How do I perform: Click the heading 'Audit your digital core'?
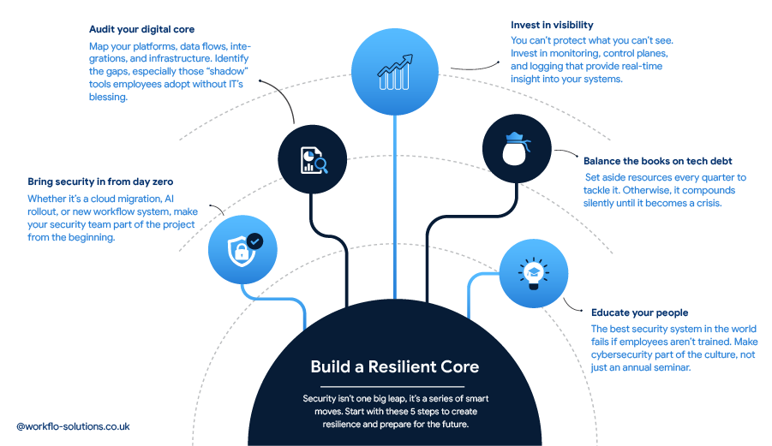pyautogui.click(x=141, y=29)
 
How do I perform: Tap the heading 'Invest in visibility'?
pyautogui.click(x=552, y=25)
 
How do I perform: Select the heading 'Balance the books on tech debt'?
pyautogui.click(x=657, y=161)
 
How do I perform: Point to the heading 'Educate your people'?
pyautogui.click(x=639, y=312)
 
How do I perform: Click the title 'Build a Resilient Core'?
pyautogui.click(x=394, y=366)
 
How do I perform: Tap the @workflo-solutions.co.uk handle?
pyautogui.click(x=73, y=425)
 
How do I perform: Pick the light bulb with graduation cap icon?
pyautogui.click(x=533, y=274)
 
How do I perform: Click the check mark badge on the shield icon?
pyautogui.click(x=254, y=241)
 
